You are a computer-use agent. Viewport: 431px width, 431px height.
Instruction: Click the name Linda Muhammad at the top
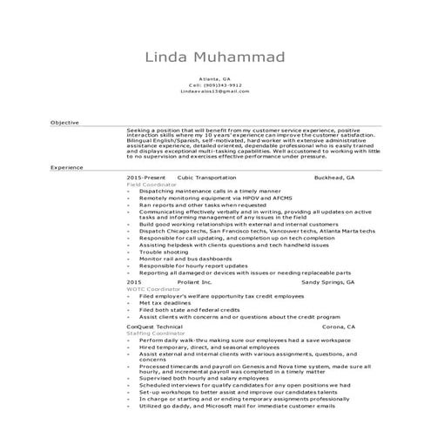tap(215, 57)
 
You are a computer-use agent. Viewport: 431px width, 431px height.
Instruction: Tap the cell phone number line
tap(215, 84)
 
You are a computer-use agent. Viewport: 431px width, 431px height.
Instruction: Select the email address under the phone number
tap(215, 91)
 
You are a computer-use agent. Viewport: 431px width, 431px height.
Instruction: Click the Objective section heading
tap(64, 123)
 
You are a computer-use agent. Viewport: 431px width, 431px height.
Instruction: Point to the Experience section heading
tap(67, 165)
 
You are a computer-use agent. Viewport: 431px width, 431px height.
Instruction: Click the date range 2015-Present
tap(145, 176)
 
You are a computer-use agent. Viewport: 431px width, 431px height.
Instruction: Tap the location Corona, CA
tap(339, 327)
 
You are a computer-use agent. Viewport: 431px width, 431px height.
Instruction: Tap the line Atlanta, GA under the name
tap(215, 78)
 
